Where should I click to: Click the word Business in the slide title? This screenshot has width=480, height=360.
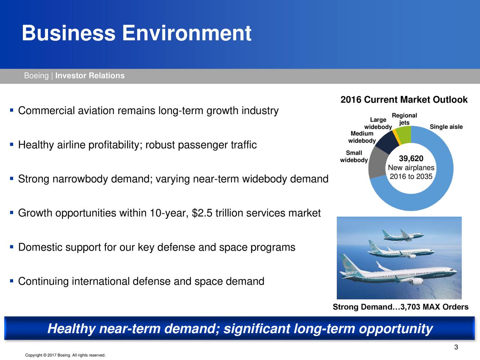pos(69,33)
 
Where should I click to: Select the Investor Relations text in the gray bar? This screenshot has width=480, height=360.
pos(90,76)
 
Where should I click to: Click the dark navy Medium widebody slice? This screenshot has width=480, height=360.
pos(387,142)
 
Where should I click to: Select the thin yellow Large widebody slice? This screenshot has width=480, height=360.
pos(397,137)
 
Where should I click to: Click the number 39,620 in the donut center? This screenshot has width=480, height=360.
pos(411,158)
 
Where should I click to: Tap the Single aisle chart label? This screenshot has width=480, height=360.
pos(446,127)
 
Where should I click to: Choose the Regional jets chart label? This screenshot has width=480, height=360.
pos(404,119)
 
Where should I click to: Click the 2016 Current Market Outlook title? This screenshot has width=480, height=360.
pos(404,100)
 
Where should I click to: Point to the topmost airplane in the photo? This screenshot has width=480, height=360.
pos(403,235)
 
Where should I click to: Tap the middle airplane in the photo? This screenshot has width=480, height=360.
pos(400,250)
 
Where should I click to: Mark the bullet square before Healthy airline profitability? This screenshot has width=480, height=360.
pos(12,144)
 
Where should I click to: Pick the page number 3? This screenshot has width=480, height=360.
pos(456,347)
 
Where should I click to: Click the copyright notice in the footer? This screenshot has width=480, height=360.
pos(65,355)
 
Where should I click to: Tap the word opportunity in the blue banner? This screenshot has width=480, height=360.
pos(395,329)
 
